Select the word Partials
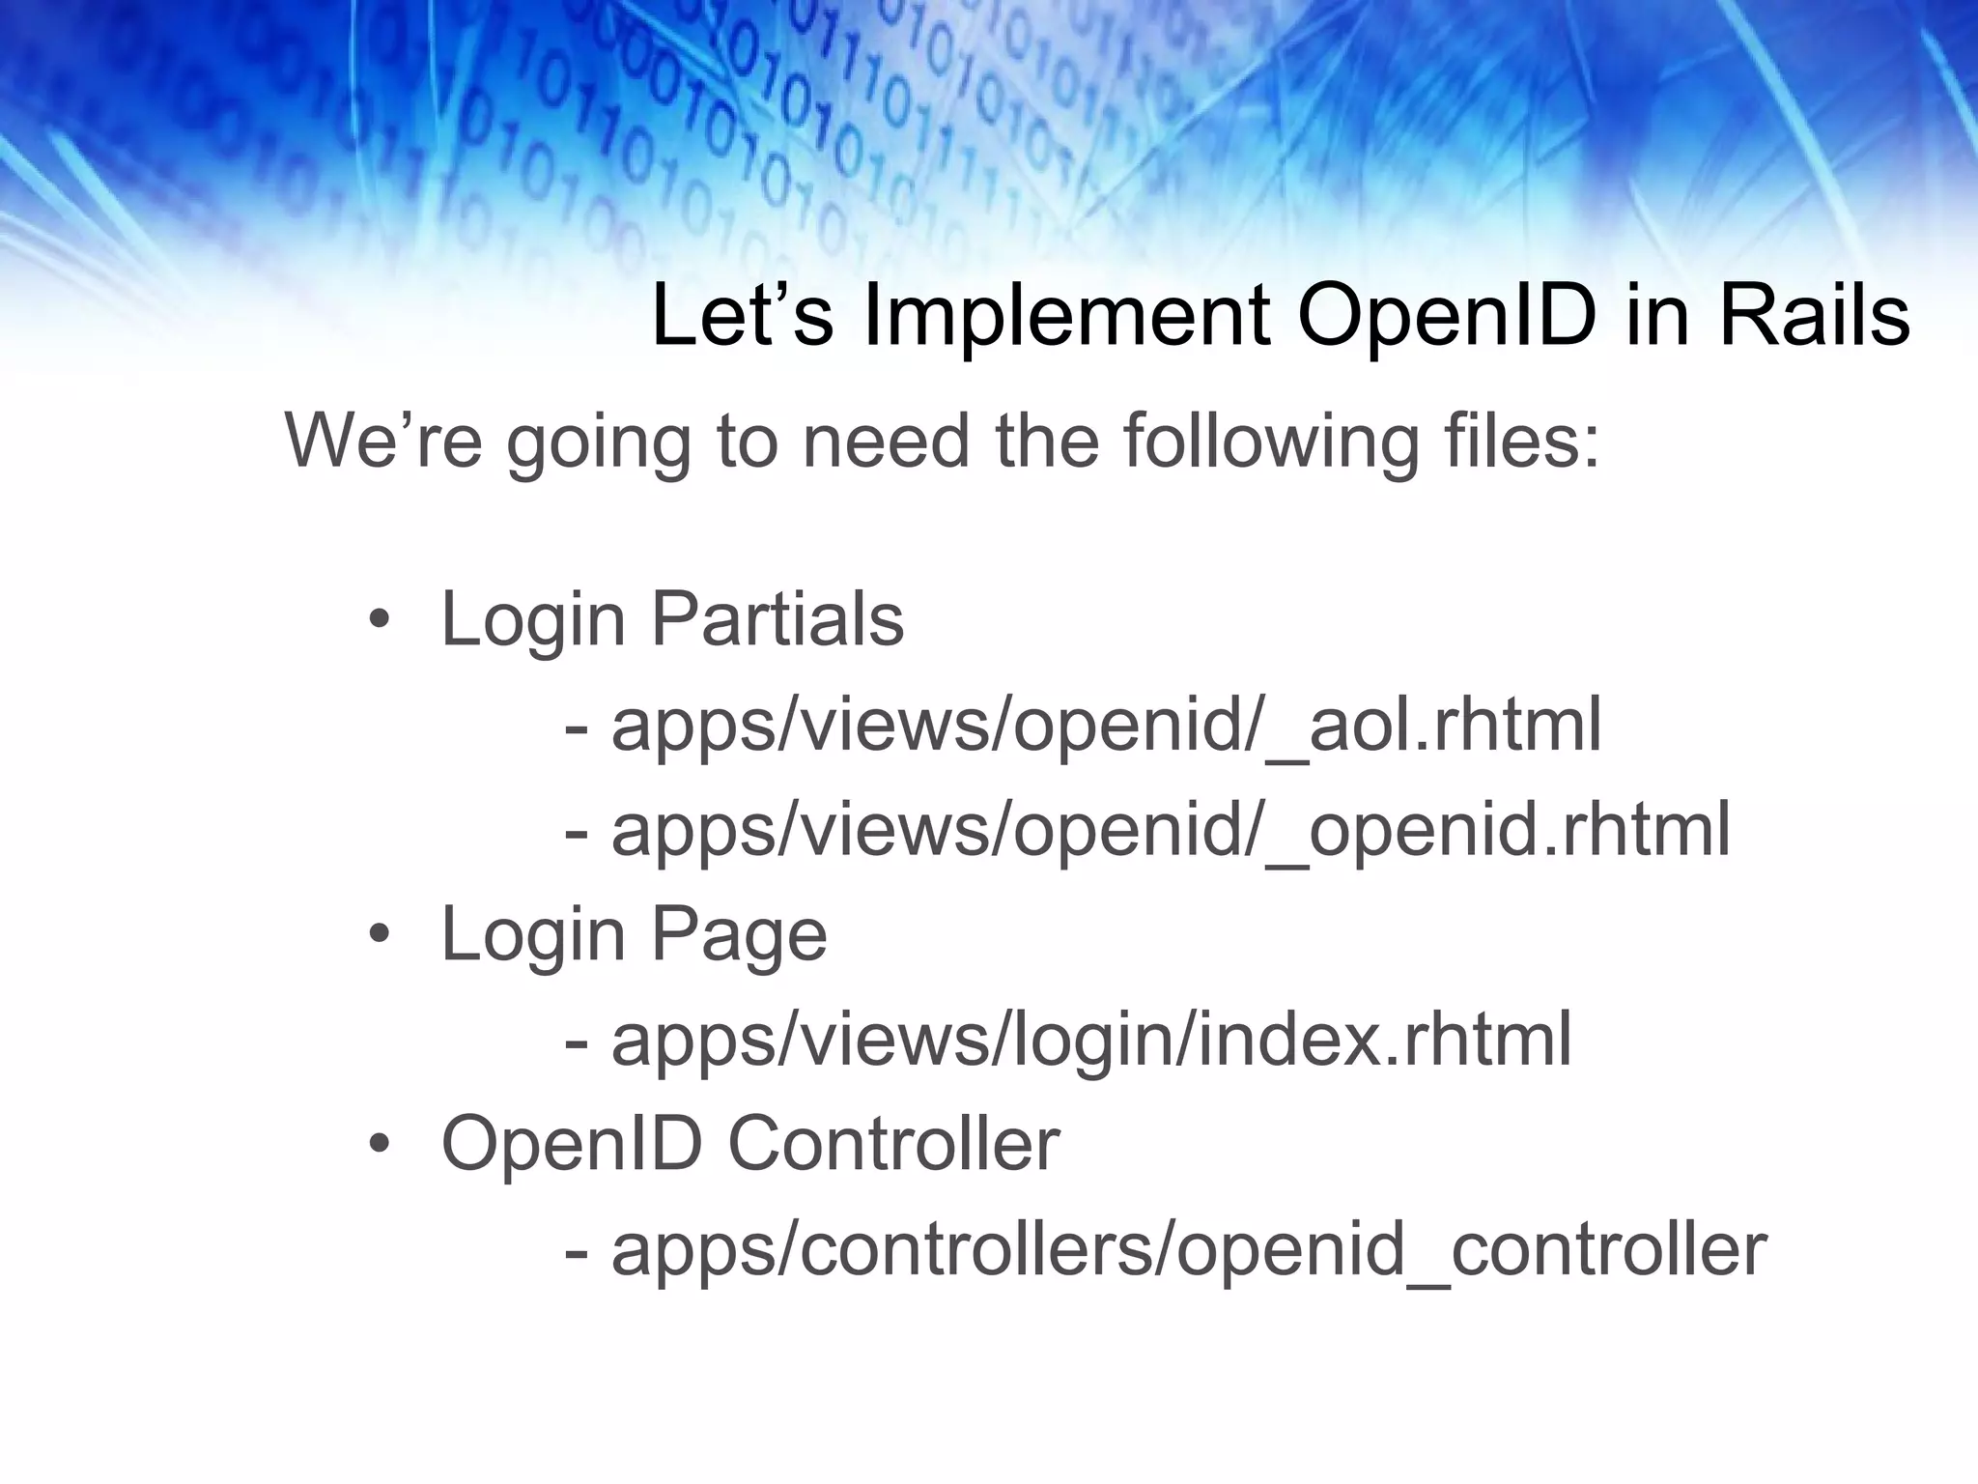777,619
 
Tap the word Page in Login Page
739,935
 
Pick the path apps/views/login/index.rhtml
1091,1040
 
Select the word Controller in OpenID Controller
893,1144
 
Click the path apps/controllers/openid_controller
1188,1249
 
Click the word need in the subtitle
885,441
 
